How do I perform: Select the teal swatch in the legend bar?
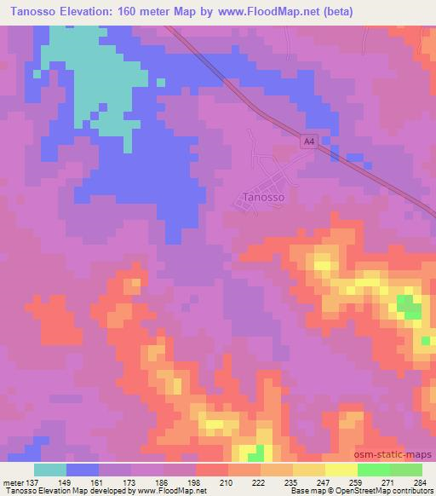(50, 470)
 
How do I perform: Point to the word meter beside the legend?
(13, 482)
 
